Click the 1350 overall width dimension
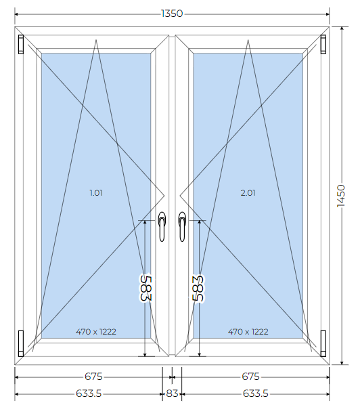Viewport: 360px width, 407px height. point(172,14)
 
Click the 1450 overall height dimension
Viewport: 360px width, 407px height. point(341,196)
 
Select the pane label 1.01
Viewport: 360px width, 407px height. point(96,193)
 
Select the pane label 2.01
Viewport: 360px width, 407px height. point(248,193)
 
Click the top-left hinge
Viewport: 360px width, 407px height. point(21,45)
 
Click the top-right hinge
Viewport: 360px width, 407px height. point(323,45)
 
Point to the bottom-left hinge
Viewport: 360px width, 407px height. point(21,343)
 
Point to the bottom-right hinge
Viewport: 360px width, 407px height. point(323,343)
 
